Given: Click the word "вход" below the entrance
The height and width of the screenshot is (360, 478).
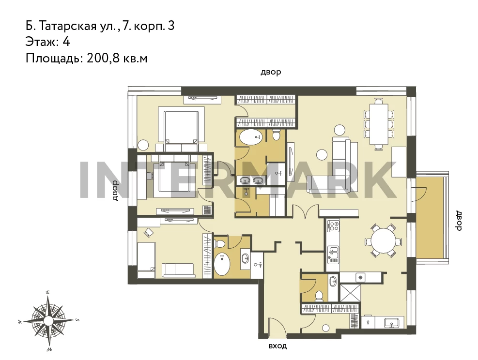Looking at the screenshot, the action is tap(278, 346).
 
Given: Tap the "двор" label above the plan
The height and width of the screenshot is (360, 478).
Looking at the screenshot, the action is tap(271, 73).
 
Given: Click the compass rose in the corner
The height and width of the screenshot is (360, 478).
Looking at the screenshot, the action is tap(48, 320).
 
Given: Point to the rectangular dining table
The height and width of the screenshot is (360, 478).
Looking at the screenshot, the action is tap(379, 124).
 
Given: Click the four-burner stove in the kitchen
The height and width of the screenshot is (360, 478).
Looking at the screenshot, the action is tap(333, 226).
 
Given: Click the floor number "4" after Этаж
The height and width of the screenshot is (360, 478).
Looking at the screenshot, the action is tap(66, 42).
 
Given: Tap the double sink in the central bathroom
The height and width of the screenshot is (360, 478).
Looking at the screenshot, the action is tap(252, 180).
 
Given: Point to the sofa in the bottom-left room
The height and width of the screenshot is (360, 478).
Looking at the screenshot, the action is tap(179, 270).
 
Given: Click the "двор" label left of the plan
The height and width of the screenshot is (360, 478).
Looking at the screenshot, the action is tap(115, 190).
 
